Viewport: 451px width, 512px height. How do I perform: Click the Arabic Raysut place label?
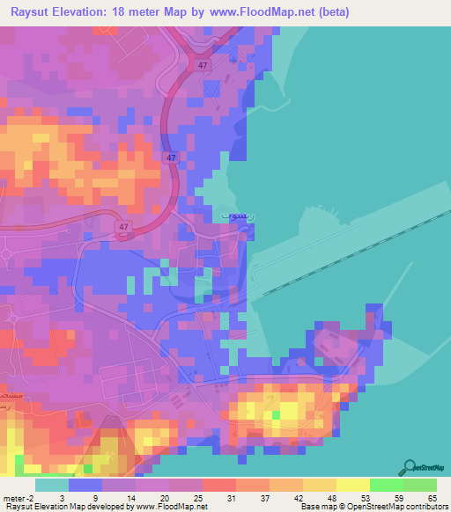[234, 214]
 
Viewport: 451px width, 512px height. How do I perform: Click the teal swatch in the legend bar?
[51, 486]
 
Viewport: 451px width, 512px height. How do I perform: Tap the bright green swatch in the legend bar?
[386, 486]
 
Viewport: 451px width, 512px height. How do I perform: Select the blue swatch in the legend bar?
[85, 486]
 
